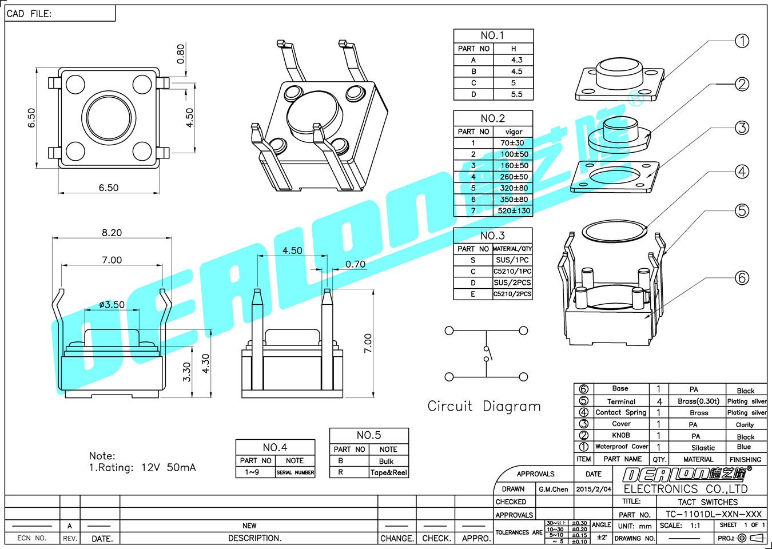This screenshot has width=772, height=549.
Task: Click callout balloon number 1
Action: tap(742, 41)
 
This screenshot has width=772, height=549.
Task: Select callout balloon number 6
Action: tap(742, 278)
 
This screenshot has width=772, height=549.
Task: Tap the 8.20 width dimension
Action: tap(112, 233)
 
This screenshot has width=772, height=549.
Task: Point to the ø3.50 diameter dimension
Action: tap(112, 305)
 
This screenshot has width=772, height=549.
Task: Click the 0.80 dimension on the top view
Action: tap(181, 54)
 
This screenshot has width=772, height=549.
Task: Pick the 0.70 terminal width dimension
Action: tap(355, 264)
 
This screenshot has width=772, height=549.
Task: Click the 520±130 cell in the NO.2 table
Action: tap(514, 210)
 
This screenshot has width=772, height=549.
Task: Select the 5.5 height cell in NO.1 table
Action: tap(516, 94)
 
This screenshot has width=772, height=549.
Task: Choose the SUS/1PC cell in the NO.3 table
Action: tap(512, 260)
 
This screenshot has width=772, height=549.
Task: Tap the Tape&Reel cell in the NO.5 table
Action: tap(388, 472)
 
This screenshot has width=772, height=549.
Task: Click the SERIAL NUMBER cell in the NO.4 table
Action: tap(295, 472)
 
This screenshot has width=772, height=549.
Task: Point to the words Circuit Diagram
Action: tap(484, 406)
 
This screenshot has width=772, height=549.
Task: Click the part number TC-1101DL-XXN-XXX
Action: tap(713, 514)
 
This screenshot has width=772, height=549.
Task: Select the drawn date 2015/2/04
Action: tap(594, 489)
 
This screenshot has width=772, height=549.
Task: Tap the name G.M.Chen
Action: tap(553, 489)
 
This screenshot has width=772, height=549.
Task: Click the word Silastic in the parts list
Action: tap(703, 448)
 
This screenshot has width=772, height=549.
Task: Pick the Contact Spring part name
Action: tap(620, 412)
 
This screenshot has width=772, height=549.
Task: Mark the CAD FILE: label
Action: tap(29, 14)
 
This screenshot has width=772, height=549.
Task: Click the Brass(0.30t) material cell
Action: tap(698, 401)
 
